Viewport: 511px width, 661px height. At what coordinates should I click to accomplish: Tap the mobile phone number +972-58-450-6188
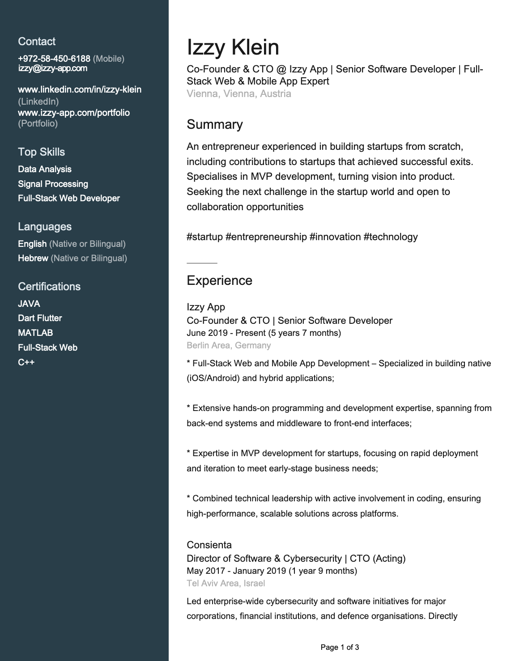(x=54, y=59)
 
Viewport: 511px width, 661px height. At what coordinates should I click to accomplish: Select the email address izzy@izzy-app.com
(x=52, y=68)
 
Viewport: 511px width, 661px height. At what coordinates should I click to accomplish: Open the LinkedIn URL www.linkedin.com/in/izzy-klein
(x=80, y=89)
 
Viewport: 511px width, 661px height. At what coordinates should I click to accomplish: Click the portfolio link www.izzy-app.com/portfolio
(x=74, y=113)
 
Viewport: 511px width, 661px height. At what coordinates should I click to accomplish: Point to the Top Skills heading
(x=41, y=152)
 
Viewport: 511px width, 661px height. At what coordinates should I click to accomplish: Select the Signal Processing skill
(x=53, y=184)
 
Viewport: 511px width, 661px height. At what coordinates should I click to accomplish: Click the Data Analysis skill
(x=45, y=169)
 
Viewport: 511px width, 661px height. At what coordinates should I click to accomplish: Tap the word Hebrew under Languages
(x=33, y=258)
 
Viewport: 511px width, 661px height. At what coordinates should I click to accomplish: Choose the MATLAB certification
(x=35, y=333)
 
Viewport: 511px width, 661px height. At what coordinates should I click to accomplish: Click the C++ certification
(x=26, y=362)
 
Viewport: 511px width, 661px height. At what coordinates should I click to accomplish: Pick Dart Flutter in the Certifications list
(x=40, y=318)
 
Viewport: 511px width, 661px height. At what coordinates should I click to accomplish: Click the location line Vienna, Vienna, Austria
(x=238, y=94)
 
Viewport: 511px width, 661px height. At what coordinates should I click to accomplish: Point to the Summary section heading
(x=214, y=124)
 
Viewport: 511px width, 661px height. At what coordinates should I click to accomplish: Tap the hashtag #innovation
(x=335, y=237)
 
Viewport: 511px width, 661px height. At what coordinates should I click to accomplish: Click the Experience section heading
(x=219, y=280)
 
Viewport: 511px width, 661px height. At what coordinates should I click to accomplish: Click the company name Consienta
(x=209, y=545)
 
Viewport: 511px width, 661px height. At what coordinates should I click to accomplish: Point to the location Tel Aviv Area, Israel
(x=226, y=583)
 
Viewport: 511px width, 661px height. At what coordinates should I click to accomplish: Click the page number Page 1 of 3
(x=340, y=647)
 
